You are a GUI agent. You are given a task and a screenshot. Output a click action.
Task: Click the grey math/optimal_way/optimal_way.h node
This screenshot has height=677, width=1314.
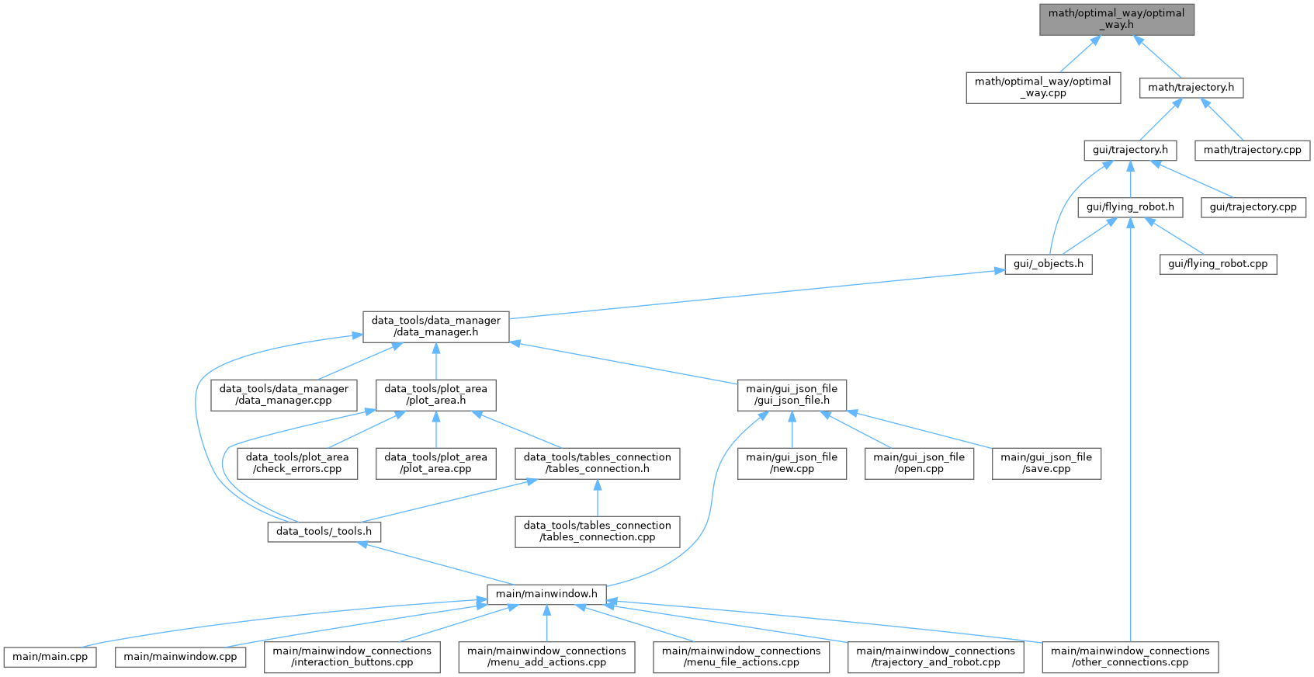tap(1116, 19)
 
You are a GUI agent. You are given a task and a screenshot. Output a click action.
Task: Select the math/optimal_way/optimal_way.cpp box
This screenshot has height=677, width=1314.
tap(1043, 88)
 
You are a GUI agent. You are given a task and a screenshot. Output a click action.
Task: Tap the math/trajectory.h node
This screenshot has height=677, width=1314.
tap(1191, 88)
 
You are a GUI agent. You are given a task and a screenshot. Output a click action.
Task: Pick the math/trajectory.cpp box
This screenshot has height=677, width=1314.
tap(1253, 150)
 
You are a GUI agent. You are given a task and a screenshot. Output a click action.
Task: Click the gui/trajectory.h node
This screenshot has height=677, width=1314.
tap(1130, 150)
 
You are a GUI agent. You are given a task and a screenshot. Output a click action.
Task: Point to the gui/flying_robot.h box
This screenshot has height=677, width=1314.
tap(1130, 207)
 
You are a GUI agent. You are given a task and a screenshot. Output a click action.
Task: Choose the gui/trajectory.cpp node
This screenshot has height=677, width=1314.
tap(1253, 207)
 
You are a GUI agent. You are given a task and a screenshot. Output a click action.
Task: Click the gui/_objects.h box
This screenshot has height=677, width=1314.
tap(1049, 264)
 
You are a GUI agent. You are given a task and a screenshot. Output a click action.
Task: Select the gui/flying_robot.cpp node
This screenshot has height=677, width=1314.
tap(1218, 264)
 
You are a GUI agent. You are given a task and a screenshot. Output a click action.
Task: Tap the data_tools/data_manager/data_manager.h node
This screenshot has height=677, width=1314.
tap(436, 327)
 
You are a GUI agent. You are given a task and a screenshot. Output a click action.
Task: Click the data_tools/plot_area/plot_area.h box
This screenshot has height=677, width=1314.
tap(436, 395)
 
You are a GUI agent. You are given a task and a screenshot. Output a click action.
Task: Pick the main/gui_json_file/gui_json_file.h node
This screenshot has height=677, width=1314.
tap(792, 395)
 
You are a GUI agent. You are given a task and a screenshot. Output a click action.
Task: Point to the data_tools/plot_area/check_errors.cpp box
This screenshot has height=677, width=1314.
tap(297, 463)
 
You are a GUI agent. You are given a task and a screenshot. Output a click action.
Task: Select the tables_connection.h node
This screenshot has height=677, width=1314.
tap(597, 463)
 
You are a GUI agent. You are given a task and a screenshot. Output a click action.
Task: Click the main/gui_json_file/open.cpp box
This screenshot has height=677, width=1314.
tap(919, 463)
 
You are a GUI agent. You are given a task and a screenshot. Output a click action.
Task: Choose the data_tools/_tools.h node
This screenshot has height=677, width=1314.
tap(324, 532)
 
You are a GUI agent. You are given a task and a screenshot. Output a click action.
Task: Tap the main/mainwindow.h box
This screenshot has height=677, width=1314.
tap(546, 594)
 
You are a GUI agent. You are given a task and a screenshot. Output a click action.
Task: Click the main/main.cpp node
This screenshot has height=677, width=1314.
tap(50, 657)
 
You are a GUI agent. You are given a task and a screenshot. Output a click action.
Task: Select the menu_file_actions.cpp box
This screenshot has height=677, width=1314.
tap(741, 657)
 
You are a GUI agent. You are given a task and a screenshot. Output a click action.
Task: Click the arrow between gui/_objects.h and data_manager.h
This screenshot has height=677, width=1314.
tap(757, 294)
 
